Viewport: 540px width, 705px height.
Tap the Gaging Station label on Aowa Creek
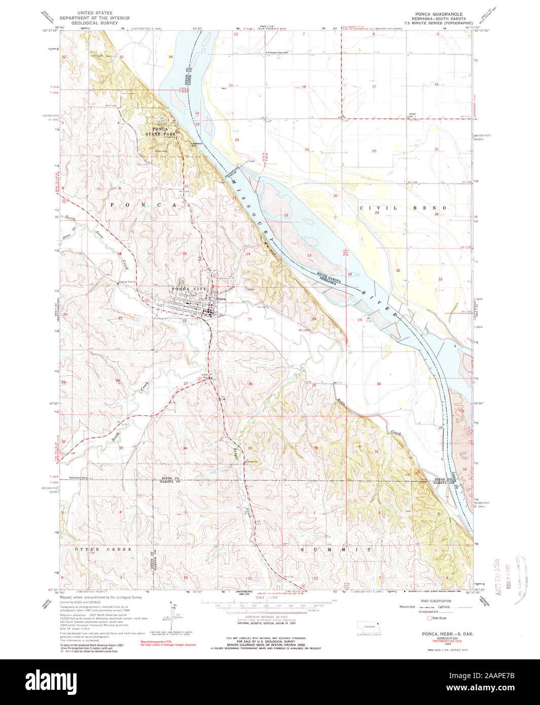click(x=127, y=282)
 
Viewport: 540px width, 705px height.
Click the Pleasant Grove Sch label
click(x=282, y=52)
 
